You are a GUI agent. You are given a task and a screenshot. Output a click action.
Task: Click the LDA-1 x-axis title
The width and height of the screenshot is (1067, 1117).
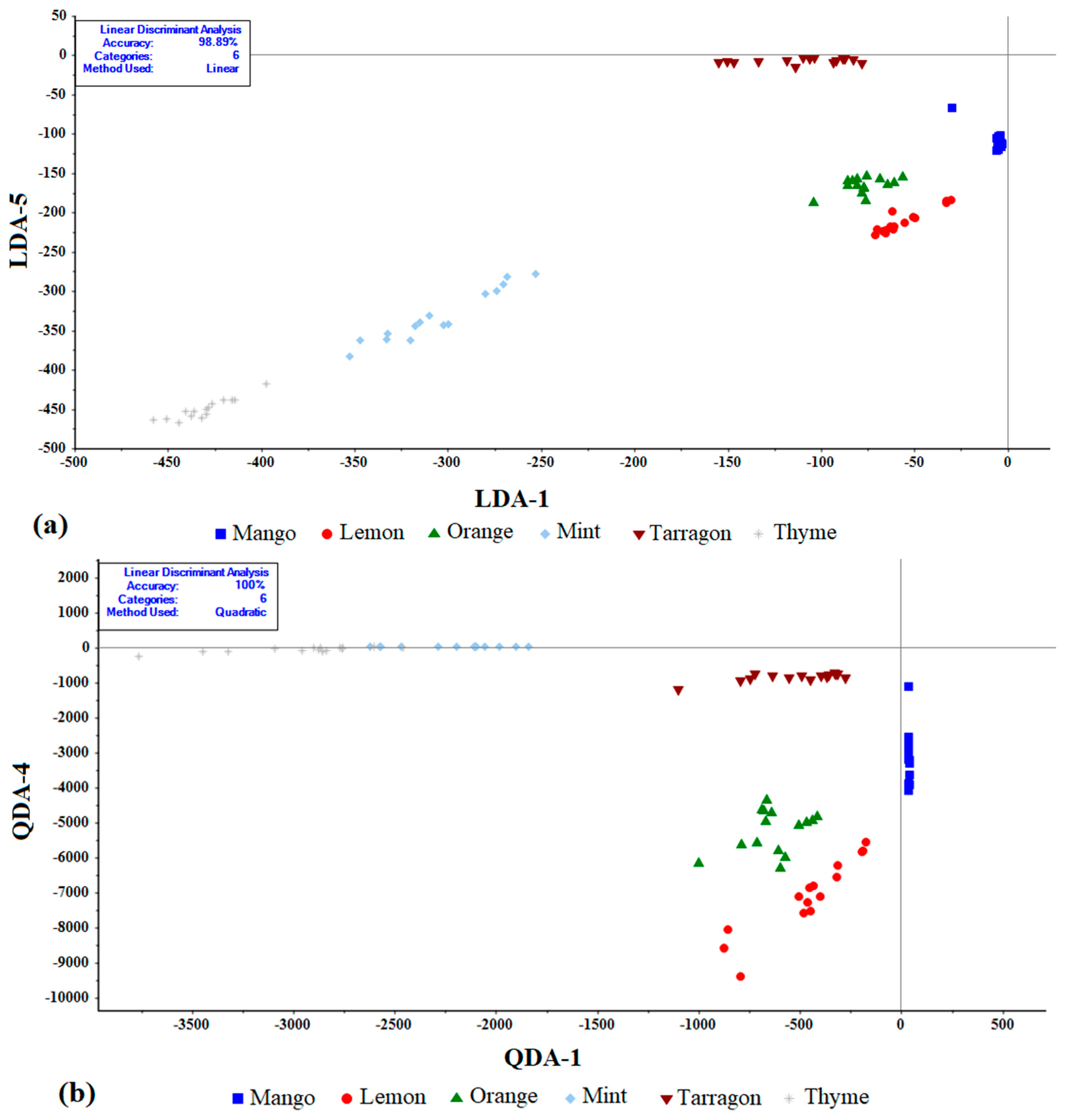[x=511, y=499]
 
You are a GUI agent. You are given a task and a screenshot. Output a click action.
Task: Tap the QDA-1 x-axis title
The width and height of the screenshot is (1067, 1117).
[x=543, y=1057]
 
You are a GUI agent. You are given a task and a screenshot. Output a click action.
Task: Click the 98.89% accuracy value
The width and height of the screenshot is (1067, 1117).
[x=218, y=42]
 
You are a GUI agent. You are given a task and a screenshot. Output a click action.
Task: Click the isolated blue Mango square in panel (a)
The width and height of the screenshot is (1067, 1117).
[x=951, y=108]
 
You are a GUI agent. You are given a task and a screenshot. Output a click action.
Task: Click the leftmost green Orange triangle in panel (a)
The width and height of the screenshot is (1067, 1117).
[x=813, y=201]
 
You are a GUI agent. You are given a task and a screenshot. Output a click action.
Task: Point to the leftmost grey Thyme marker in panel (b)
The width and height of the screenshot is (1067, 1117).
[x=138, y=657]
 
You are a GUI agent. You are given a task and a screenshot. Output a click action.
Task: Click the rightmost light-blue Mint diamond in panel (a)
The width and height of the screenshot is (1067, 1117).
[x=535, y=274]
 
